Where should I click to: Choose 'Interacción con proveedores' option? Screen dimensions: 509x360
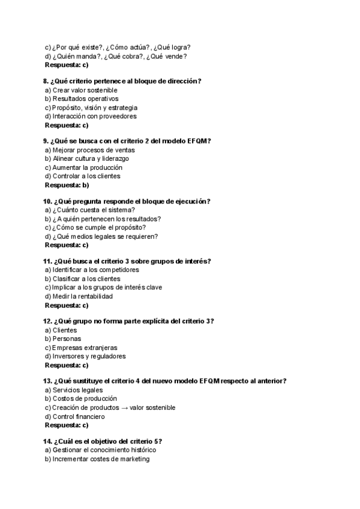[91, 116]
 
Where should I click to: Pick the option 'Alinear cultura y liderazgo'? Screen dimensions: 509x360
[86, 158]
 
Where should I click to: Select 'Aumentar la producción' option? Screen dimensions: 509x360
[83, 167]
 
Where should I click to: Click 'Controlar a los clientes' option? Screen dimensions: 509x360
[82, 176]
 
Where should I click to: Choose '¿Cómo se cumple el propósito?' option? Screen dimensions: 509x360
[95, 227]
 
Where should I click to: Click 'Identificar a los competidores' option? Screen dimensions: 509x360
[91, 270]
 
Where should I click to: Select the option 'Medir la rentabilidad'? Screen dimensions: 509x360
[79, 296]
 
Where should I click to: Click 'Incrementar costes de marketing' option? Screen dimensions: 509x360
[97, 459]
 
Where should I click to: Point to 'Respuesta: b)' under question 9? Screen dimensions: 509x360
[67, 185]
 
